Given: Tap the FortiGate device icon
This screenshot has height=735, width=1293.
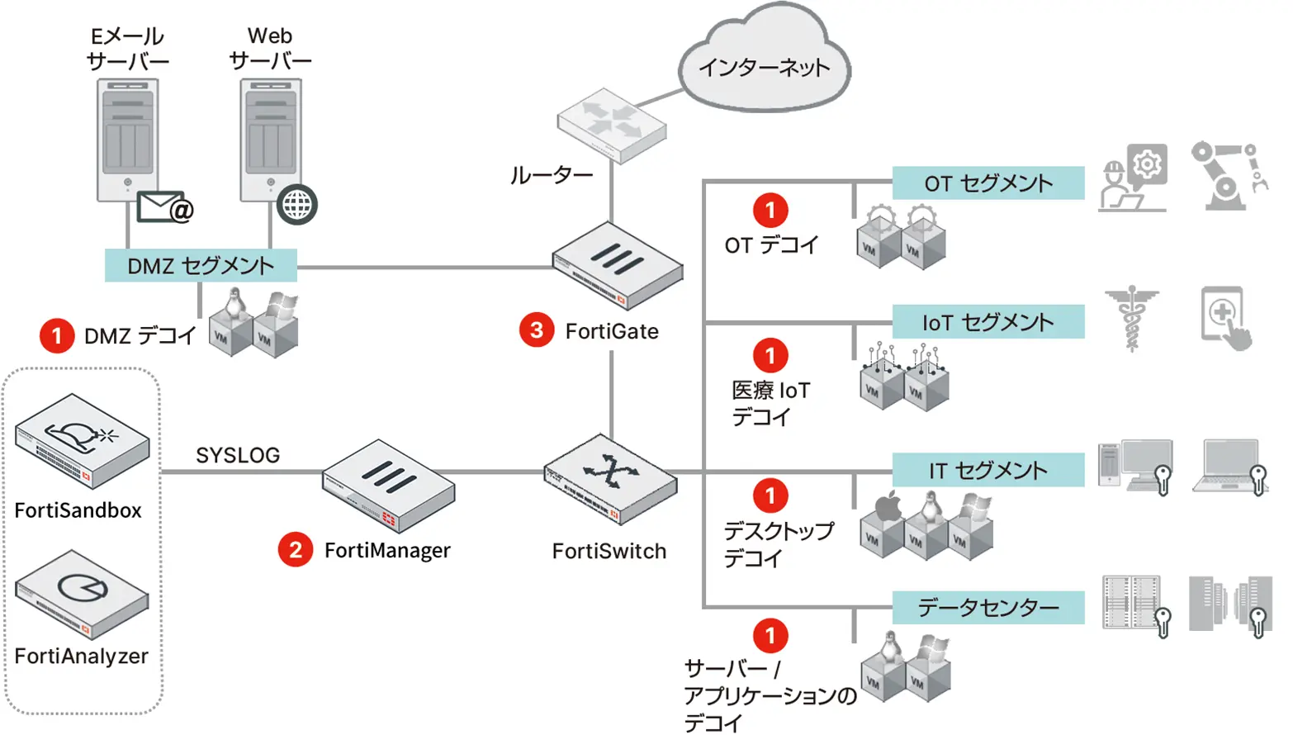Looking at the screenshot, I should (x=617, y=265).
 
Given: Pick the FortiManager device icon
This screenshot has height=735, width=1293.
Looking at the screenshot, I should (x=388, y=485).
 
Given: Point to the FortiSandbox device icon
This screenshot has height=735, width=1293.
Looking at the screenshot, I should (x=82, y=440).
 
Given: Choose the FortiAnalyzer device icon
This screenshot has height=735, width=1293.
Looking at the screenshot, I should (x=82, y=594).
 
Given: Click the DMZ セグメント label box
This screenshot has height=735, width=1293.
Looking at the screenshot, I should (x=201, y=266).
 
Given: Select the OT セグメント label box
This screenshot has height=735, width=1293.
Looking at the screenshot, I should (x=988, y=183).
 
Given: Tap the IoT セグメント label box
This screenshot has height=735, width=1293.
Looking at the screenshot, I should (x=988, y=322).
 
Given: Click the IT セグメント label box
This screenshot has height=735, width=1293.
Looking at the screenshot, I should (x=988, y=471).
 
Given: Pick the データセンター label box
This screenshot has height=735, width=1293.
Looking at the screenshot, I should (x=988, y=608).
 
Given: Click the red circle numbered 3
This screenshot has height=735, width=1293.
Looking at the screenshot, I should (x=537, y=330).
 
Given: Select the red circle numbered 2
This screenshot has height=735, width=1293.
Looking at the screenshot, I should (x=296, y=550).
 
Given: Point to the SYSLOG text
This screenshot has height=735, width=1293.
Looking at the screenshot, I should (x=238, y=455).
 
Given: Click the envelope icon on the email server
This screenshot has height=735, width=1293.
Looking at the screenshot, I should (x=163, y=207).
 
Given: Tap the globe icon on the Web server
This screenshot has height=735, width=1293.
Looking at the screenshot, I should (x=297, y=205).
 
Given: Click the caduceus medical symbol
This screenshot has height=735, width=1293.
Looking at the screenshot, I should (x=1132, y=318).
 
